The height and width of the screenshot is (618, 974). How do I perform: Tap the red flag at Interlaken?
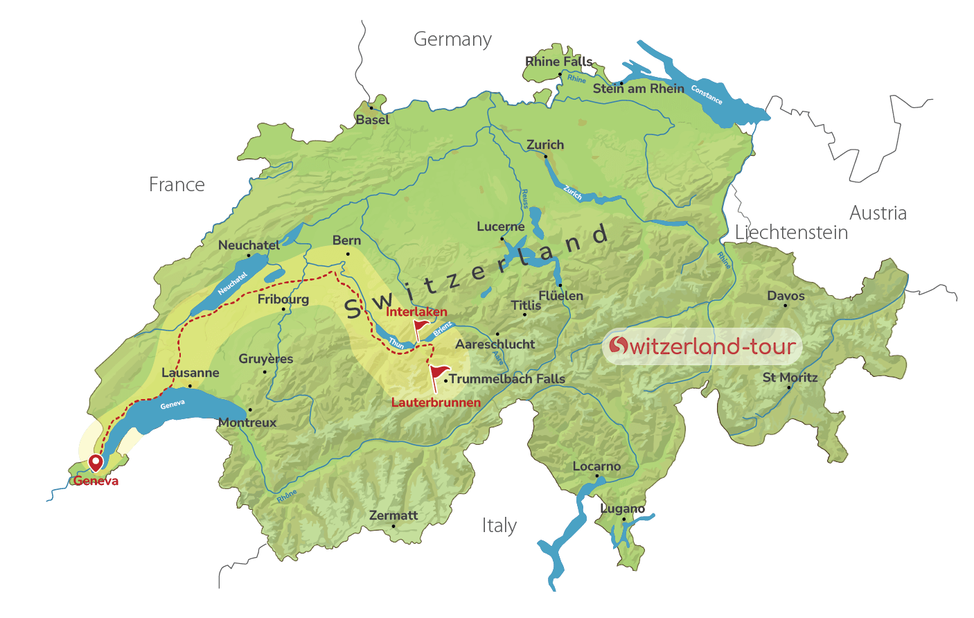(420, 326)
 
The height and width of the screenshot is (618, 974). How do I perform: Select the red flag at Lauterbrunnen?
(439, 375)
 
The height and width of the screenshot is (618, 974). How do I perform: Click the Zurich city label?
(545, 145)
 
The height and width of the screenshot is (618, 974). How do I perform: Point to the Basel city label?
(373, 120)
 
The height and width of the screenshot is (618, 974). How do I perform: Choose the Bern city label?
(346, 240)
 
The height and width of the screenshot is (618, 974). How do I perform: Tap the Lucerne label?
(500, 227)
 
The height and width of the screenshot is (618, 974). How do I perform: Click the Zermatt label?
(393, 515)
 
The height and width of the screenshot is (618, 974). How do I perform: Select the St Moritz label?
(790, 378)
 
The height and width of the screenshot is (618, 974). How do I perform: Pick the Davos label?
(786, 296)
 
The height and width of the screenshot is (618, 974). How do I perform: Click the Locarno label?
(596, 466)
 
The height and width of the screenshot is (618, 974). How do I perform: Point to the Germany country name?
(452, 39)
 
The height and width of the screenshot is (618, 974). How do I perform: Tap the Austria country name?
(878, 213)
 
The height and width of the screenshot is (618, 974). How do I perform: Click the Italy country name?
(499, 526)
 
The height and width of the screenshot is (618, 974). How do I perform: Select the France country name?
(177, 184)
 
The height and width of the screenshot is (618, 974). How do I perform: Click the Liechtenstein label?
(791, 233)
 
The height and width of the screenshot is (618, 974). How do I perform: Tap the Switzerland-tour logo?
(702, 346)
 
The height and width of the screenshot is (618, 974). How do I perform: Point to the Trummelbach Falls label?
(507, 379)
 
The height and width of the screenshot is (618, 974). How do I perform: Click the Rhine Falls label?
(558, 62)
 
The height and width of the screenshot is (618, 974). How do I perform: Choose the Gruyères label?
(266, 359)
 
